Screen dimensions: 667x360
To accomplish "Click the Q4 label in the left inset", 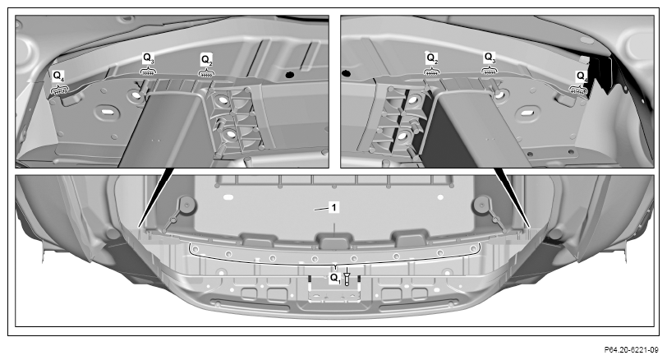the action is coord(58,76).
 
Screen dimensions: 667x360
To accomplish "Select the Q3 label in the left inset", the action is coord(149,58).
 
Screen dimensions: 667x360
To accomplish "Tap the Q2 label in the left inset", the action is coord(207,59).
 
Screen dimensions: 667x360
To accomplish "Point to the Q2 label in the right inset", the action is coord(432,58).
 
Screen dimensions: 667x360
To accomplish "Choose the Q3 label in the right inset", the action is coord(490,58).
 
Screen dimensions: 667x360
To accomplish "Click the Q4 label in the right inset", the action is coord(582,76).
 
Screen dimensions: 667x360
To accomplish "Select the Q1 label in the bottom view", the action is coord(335,279).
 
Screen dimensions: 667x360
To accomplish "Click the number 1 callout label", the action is coord(334,208).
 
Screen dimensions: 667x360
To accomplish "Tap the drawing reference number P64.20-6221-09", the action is coord(631,350).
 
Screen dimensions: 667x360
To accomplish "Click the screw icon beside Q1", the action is coord(347,277).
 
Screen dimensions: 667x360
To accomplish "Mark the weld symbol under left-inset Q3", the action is coord(148,72).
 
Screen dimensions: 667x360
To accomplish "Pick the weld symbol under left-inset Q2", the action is coord(206,73).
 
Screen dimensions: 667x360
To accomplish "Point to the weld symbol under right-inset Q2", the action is coord(431,72).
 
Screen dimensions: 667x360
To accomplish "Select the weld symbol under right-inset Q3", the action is coord(490,71).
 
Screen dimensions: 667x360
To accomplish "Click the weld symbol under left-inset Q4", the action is coord(59,90).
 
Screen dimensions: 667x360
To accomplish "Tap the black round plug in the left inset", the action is coord(290,75).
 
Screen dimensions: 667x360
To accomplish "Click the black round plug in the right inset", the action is coord(347,73).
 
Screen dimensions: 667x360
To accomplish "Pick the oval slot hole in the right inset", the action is coord(527,113).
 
